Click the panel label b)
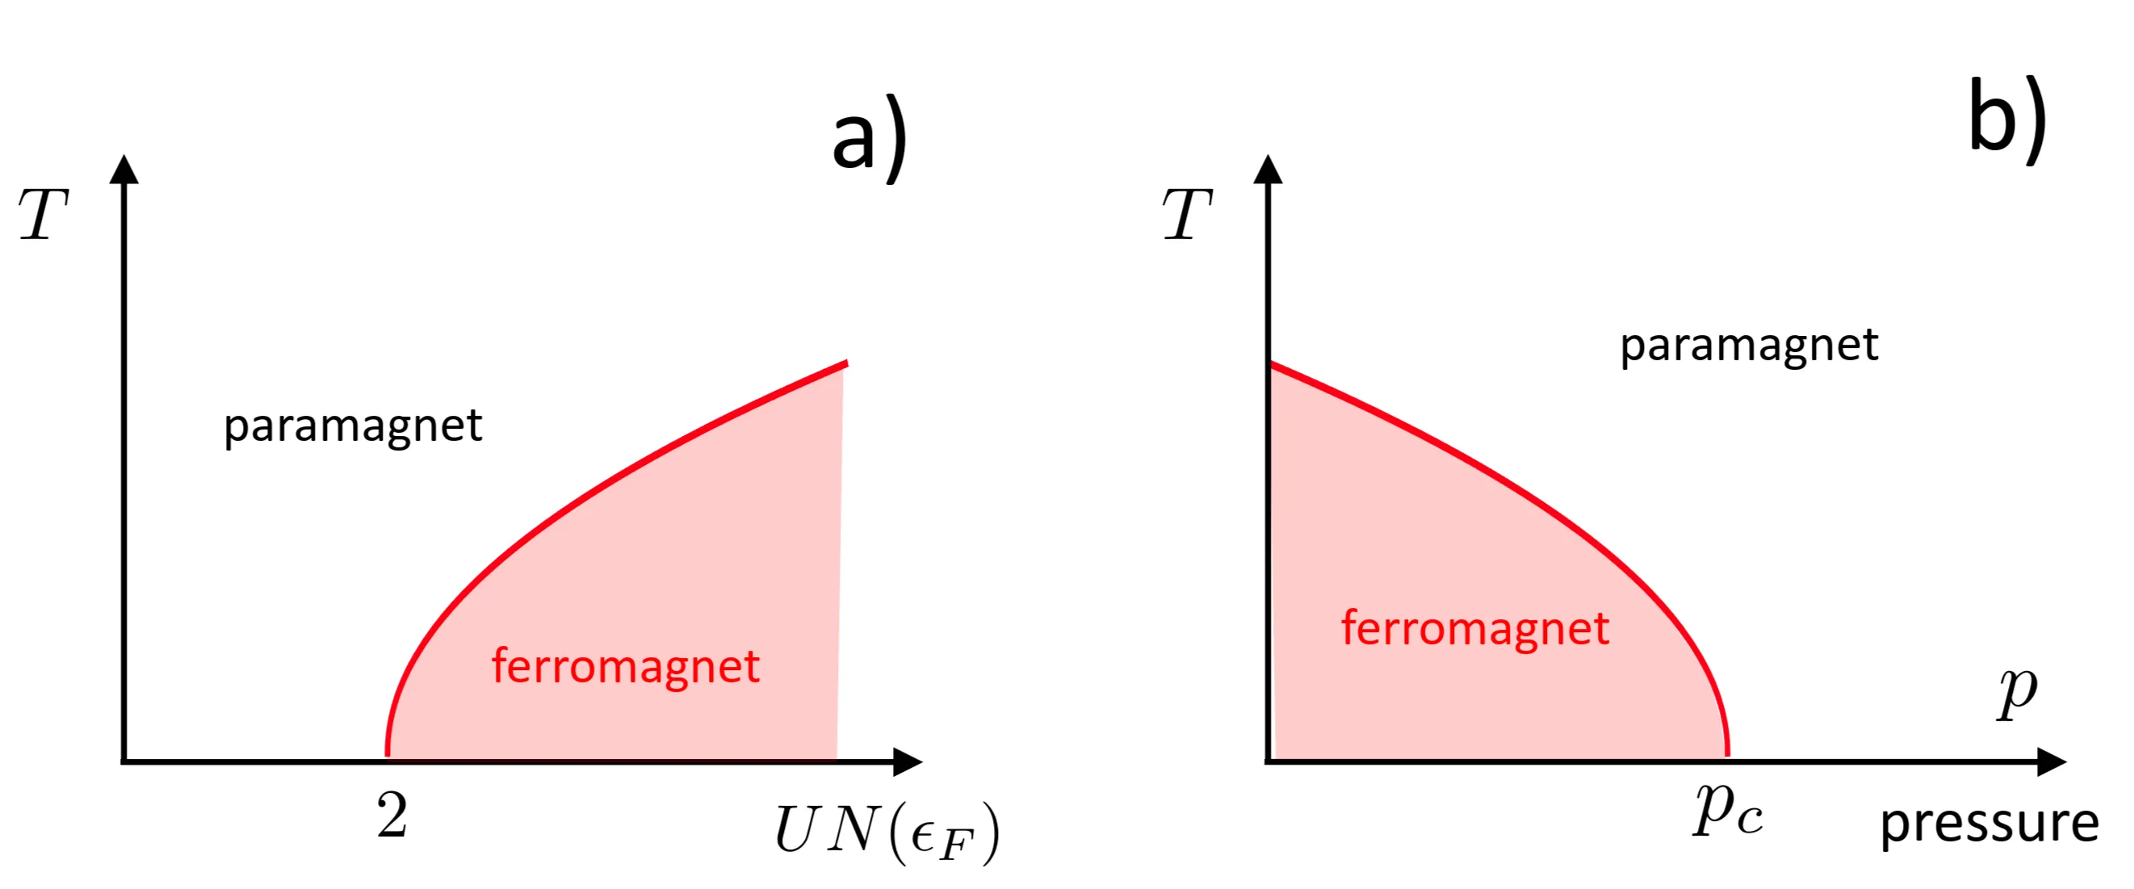tap(2006, 120)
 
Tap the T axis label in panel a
tap(43, 215)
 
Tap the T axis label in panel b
tap(1187, 215)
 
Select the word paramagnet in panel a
tap(353, 426)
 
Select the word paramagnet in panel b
tap(1749, 346)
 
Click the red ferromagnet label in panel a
tap(626, 666)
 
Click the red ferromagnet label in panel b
tap(1474, 628)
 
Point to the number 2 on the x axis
tap(392, 816)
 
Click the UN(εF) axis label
tap(887, 831)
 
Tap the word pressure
tap(1989, 824)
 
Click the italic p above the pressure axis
tap(2017, 692)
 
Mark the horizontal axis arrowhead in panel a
tap(908, 761)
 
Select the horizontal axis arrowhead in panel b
tap(2051, 761)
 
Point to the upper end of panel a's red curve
tap(845, 363)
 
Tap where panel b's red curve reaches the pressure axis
tap(1726, 755)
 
